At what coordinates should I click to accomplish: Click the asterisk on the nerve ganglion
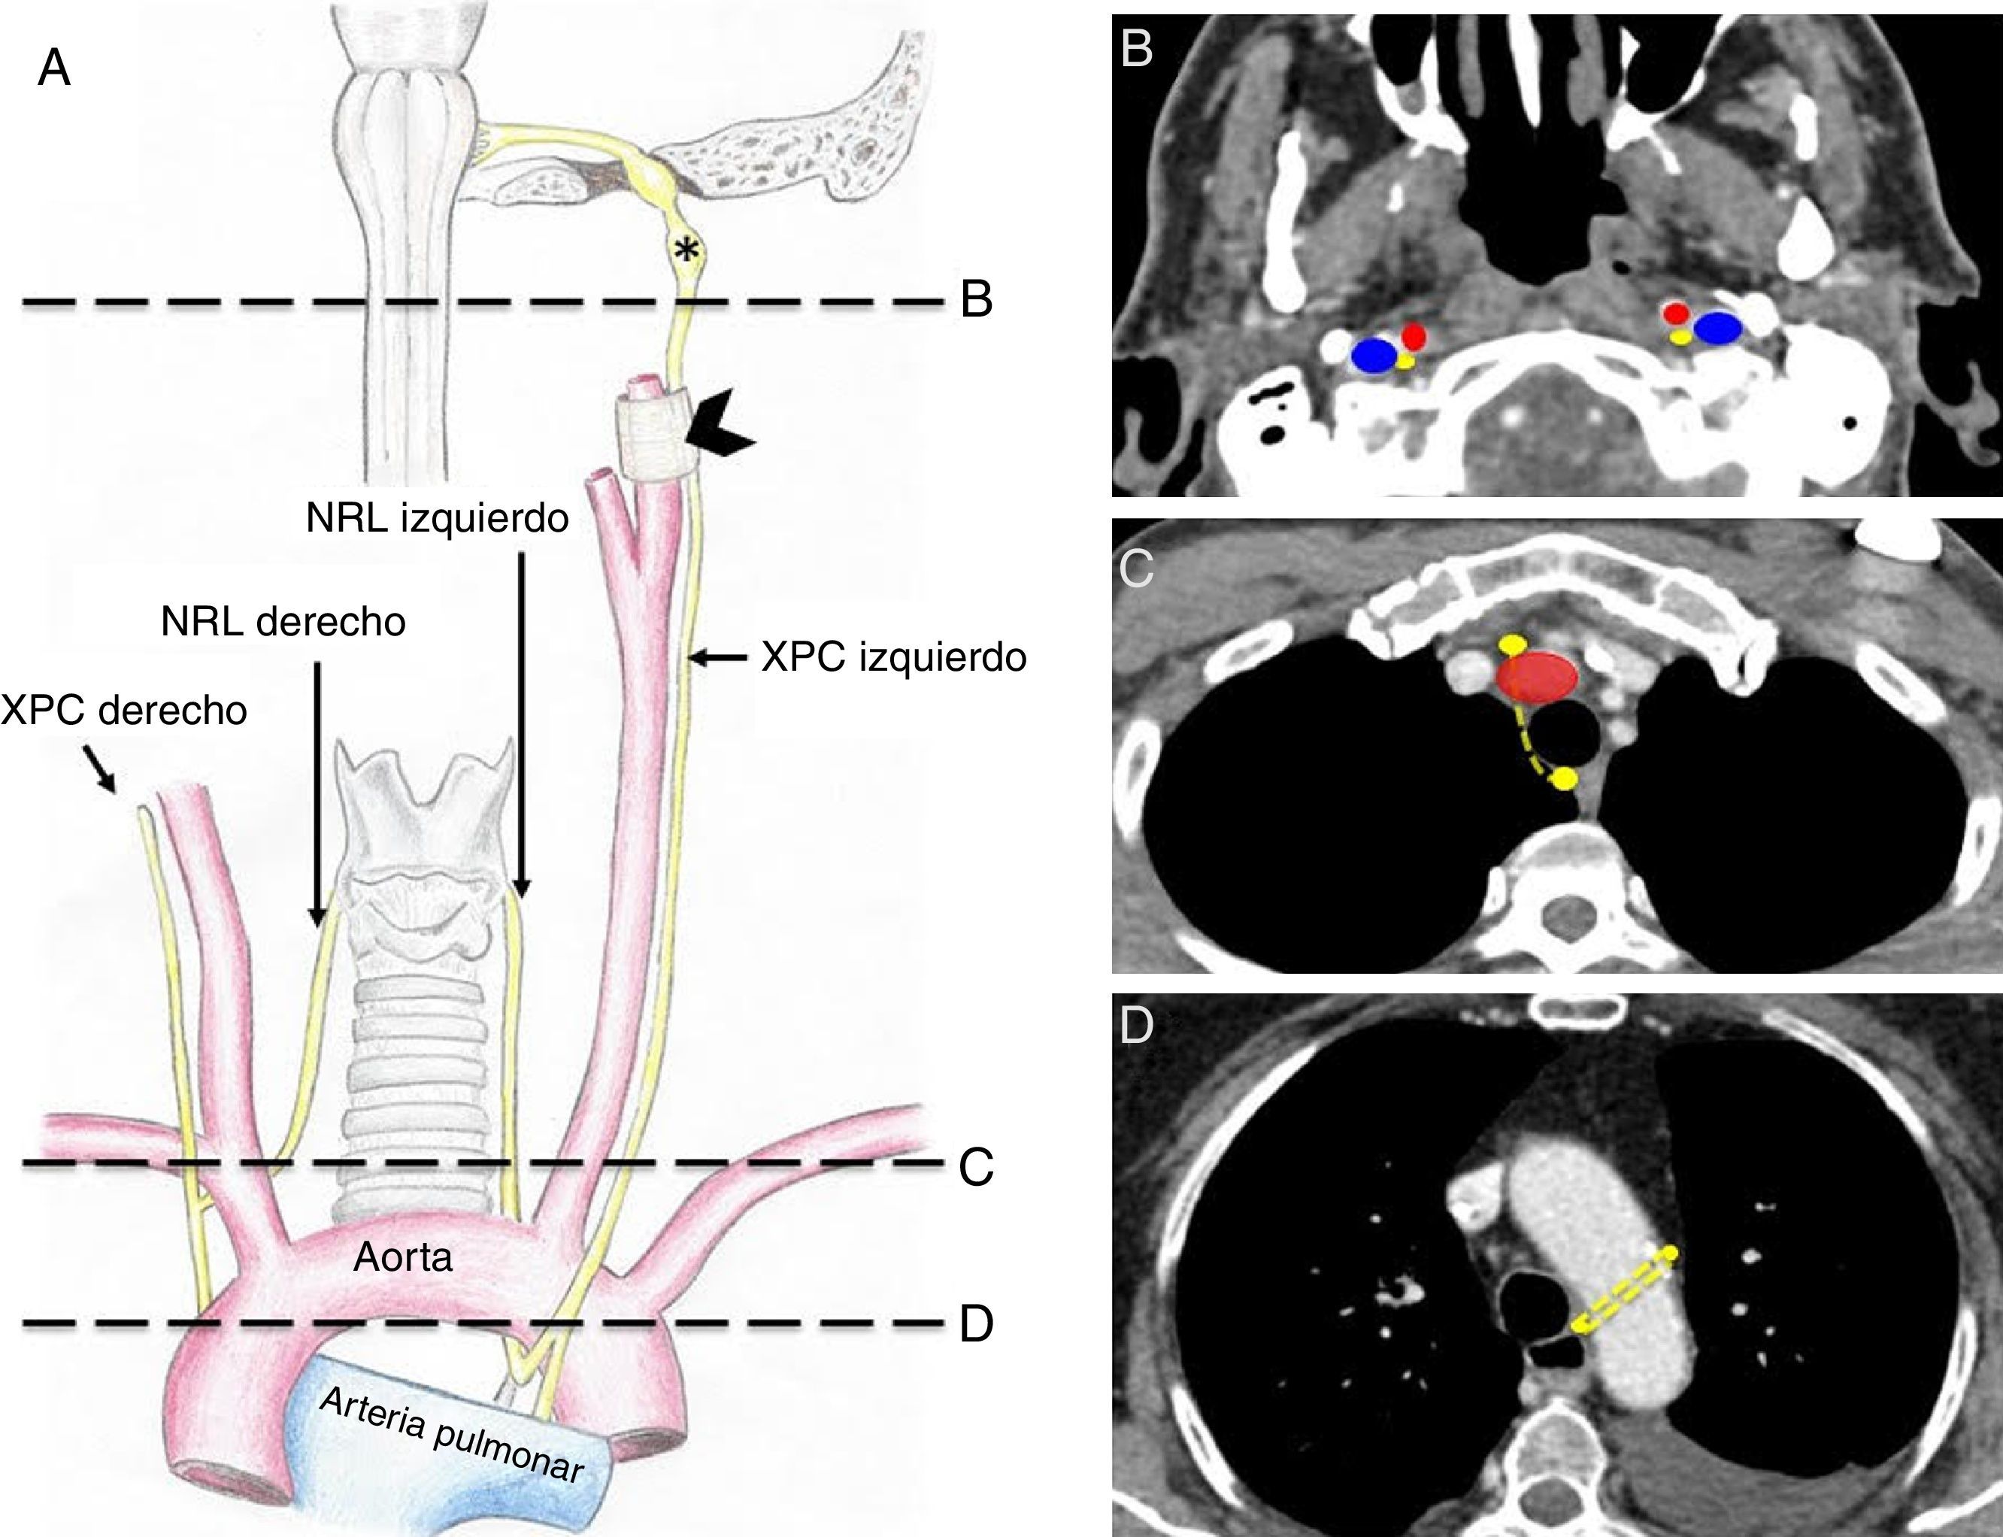click(x=684, y=248)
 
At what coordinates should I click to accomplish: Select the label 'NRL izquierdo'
click(x=437, y=519)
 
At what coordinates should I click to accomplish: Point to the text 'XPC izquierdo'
click(x=893, y=657)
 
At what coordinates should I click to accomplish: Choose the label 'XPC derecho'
click(x=124, y=710)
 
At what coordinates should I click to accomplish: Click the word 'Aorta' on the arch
click(x=403, y=1258)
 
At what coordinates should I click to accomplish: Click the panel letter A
click(x=54, y=69)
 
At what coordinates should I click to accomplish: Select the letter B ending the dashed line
click(x=977, y=299)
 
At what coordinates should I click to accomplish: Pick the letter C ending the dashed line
click(x=977, y=1166)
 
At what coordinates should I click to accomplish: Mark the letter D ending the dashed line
click(x=977, y=1325)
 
